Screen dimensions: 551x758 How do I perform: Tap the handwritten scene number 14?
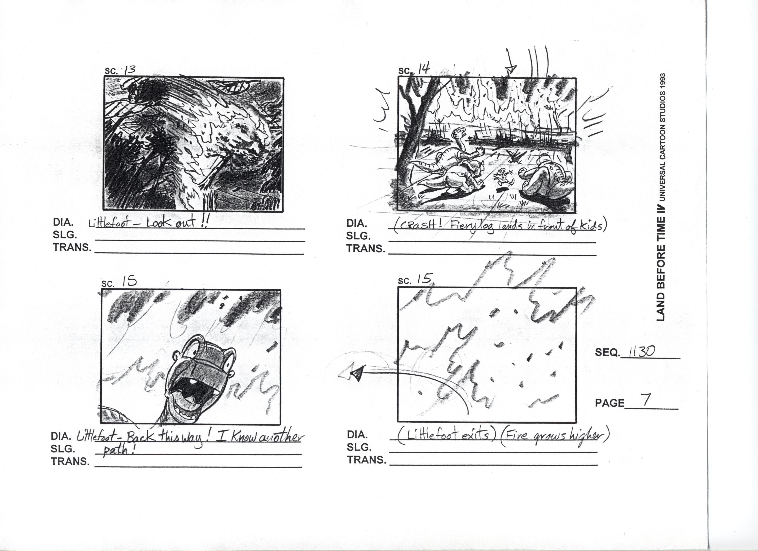tap(424, 70)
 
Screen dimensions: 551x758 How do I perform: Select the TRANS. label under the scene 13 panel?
tap(72, 248)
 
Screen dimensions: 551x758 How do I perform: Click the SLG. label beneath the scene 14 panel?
tap(358, 236)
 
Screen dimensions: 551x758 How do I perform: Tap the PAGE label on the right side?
tap(609, 403)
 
